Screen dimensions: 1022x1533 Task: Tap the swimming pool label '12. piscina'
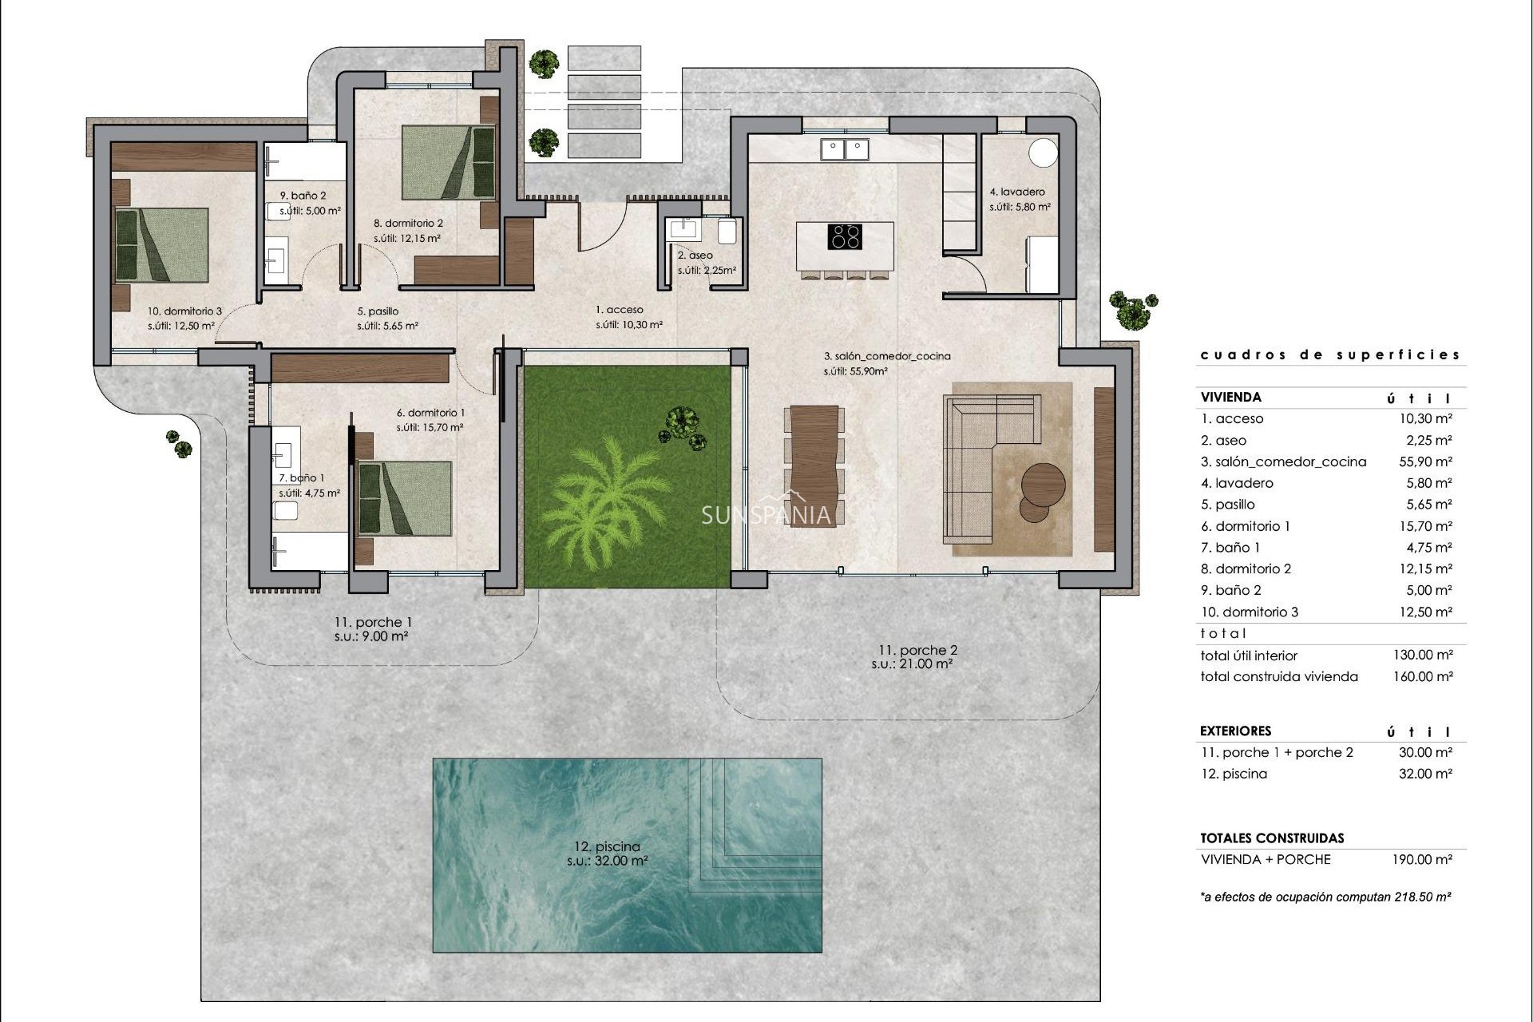tap(607, 846)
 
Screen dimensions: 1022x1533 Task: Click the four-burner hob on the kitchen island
tap(845, 237)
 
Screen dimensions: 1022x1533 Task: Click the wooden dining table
tap(814, 463)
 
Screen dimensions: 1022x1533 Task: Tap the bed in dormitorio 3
tap(163, 244)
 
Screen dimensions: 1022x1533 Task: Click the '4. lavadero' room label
tap(1017, 192)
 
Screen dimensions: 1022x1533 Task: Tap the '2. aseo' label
tap(695, 255)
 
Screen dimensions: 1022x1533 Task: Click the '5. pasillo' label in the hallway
tap(377, 311)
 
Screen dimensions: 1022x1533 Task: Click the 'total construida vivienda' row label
tap(1278, 676)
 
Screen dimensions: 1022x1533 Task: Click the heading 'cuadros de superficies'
tap(1329, 355)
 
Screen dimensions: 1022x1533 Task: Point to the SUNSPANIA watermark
tap(766, 515)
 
